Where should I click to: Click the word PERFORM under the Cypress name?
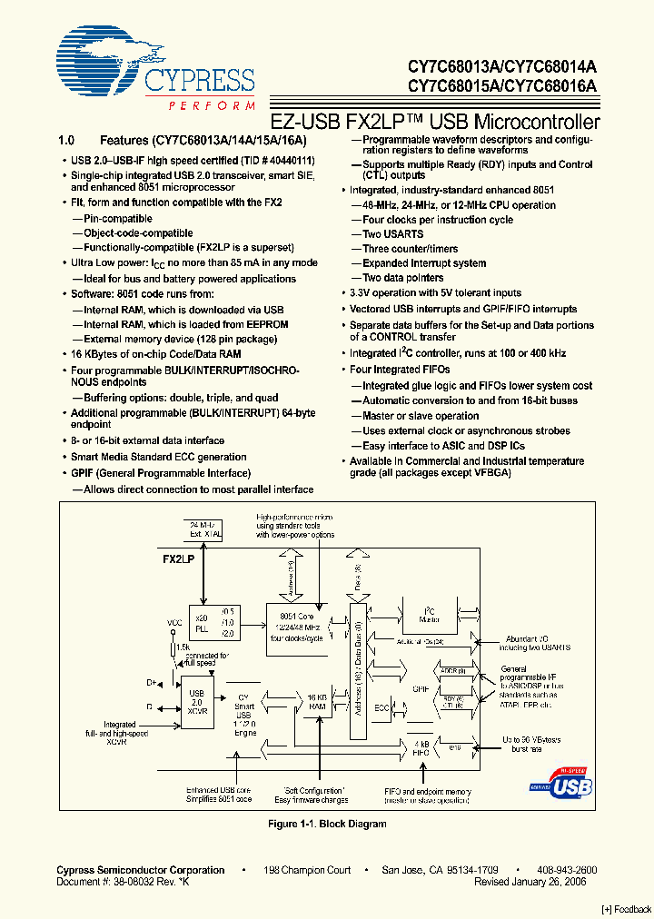(212, 106)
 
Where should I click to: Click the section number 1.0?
(64, 141)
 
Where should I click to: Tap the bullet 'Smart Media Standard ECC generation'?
(158, 457)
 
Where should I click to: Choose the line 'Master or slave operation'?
(421, 416)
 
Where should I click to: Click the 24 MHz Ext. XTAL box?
(204, 529)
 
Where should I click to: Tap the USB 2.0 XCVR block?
(195, 702)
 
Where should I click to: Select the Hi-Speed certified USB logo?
(560, 781)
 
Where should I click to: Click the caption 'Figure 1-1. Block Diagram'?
(327, 824)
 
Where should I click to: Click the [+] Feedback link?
(626, 909)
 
